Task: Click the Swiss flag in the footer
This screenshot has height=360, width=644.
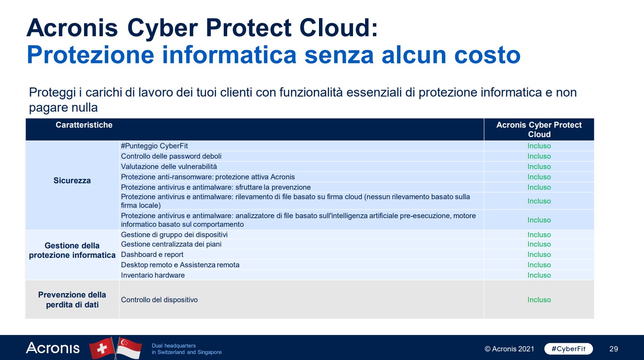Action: pyautogui.click(x=102, y=348)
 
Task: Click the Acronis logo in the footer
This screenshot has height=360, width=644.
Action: pyautogui.click(x=53, y=348)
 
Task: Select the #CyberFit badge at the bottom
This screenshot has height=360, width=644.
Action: pyautogui.click(x=569, y=349)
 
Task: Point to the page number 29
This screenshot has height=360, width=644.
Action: pyautogui.click(x=613, y=349)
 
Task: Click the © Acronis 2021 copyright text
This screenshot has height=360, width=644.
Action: pyautogui.click(x=509, y=349)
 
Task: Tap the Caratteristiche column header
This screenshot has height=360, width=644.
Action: pyautogui.click(x=84, y=125)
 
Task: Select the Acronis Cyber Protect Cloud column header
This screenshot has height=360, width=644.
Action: pyautogui.click(x=539, y=129)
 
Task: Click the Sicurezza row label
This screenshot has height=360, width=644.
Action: pyautogui.click(x=72, y=181)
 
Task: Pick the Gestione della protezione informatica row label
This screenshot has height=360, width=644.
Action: pyautogui.click(x=72, y=250)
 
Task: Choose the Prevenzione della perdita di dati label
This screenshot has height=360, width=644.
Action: pyautogui.click(x=72, y=300)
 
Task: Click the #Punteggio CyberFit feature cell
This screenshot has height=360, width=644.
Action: pyautogui.click(x=154, y=146)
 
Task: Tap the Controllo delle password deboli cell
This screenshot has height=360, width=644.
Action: pyautogui.click(x=171, y=156)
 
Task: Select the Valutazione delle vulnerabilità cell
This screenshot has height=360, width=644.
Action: pyautogui.click(x=169, y=166)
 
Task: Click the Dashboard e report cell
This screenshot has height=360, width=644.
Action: pyautogui.click(x=152, y=254)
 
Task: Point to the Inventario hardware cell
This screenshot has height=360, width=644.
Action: pyautogui.click(x=153, y=275)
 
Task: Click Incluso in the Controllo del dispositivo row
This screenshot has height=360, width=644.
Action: pyautogui.click(x=539, y=300)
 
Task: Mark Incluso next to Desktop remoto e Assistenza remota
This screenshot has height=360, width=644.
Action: pyautogui.click(x=539, y=265)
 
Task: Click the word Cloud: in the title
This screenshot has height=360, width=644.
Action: pyautogui.click(x=339, y=28)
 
